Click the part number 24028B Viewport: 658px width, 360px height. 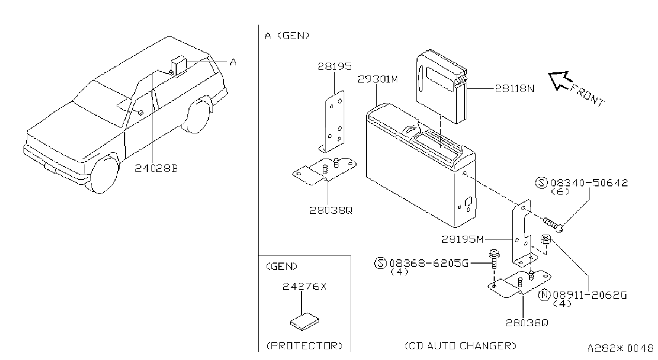(x=156, y=168)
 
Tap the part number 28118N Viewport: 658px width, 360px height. (x=515, y=88)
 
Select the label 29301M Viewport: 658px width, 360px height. (x=378, y=79)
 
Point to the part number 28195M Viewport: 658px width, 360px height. (x=463, y=239)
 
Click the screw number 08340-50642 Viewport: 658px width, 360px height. (x=589, y=183)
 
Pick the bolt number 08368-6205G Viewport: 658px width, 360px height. (x=429, y=262)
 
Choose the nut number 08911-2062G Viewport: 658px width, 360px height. (x=590, y=295)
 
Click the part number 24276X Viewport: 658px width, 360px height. (x=304, y=286)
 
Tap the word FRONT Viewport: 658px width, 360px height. (x=587, y=95)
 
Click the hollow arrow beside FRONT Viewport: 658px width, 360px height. (x=561, y=80)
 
